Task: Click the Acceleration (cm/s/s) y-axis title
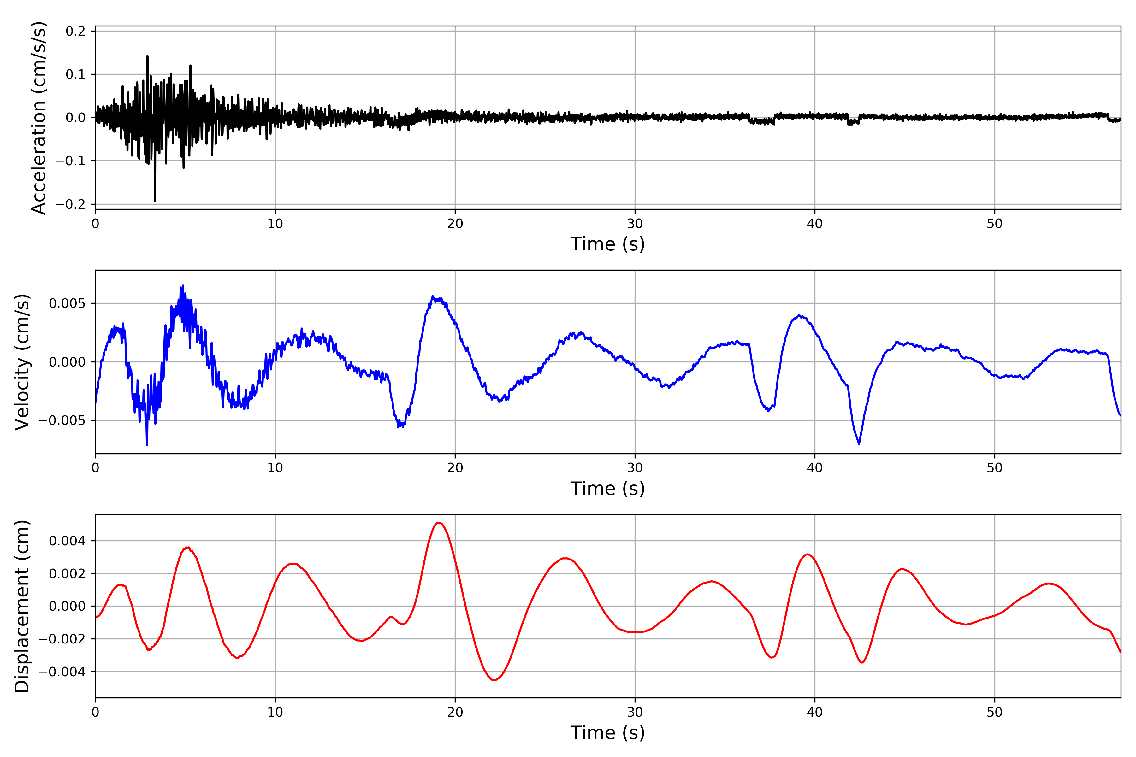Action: [38, 118]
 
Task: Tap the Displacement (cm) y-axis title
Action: [22, 606]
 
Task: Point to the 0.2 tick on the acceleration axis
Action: [75, 31]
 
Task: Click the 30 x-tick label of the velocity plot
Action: [635, 468]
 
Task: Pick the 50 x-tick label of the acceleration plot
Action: [995, 224]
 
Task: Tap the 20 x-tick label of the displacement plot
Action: [455, 712]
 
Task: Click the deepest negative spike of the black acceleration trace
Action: [155, 200]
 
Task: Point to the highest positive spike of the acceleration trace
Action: [147, 56]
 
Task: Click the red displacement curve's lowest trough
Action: [494, 680]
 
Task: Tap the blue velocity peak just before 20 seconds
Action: [433, 296]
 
